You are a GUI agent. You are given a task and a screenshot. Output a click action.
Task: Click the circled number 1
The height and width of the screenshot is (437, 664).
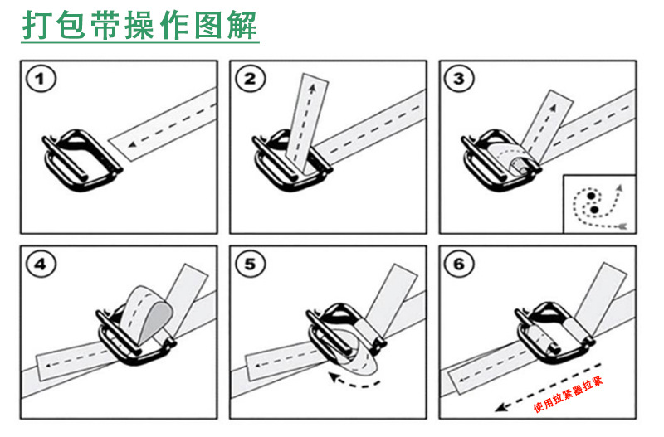tap(41, 79)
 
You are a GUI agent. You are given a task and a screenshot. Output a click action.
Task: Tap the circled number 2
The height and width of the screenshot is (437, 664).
tap(251, 79)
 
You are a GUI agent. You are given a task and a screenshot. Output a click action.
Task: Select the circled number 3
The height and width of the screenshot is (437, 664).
tap(459, 79)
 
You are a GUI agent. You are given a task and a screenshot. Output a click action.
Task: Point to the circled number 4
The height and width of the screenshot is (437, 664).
tap(41, 265)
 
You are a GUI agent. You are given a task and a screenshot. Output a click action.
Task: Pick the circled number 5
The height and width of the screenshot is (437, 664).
tap(251, 265)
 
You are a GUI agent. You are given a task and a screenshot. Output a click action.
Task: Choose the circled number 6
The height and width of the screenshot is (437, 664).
tap(459, 265)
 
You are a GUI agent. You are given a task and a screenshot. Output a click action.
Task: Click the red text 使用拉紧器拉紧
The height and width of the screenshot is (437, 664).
tap(568, 394)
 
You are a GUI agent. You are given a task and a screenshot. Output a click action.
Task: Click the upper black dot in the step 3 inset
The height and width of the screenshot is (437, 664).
tap(591, 197)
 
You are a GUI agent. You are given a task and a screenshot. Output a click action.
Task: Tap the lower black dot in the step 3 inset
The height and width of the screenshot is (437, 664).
tap(594, 210)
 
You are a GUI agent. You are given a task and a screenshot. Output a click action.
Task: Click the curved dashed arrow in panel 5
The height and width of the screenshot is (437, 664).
tap(354, 381)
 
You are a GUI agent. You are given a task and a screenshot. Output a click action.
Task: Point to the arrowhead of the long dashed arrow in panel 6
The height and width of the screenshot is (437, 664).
tap(501, 408)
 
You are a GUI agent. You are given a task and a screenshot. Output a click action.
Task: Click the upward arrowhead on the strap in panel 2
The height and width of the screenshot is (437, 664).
tap(312, 88)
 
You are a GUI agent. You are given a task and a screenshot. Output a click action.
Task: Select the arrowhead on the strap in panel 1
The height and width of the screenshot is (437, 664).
tap(133, 144)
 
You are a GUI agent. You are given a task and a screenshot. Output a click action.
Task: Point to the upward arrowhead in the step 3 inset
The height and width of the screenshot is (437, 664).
tap(619, 187)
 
